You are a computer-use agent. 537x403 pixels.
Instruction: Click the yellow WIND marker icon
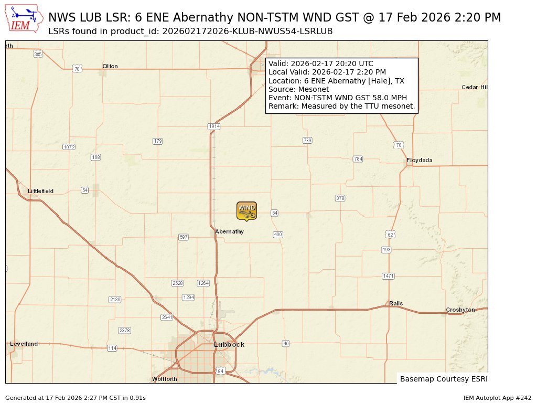(x=246, y=210)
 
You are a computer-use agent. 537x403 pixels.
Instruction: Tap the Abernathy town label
(x=229, y=231)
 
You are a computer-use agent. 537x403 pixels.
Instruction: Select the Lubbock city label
(x=229, y=344)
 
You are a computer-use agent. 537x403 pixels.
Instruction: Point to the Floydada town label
(x=420, y=160)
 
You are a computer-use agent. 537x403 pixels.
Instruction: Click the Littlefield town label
(x=40, y=191)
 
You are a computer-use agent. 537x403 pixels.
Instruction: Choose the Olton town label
(x=110, y=66)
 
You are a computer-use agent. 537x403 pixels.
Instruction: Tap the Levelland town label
(x=24, y=344)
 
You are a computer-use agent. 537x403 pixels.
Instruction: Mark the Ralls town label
(x=396, y=303)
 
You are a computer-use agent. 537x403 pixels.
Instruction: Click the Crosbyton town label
(x=460, y=310)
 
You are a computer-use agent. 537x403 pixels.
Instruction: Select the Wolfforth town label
(x=164, y=379)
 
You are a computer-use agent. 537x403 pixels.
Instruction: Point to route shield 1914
(x=214, y=126)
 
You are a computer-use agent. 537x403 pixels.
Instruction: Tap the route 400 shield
(x=278, y=235)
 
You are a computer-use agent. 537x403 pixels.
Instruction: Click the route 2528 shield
(x=178, y=283)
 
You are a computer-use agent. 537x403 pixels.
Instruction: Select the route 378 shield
(x=340, y=198)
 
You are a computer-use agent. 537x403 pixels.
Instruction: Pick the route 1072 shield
(x=69, y=147)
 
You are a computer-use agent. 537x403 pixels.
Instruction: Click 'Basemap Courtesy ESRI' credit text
(x=443, y=379)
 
